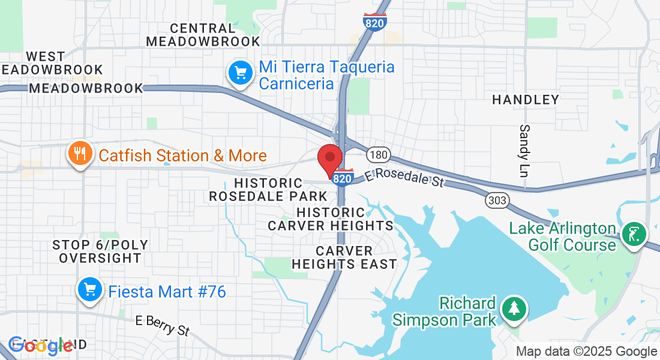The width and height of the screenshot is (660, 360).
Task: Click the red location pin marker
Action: pyautogui.click(x=329, y=159)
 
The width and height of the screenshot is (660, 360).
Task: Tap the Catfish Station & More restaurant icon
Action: pyautogui.click(x=79, y=154)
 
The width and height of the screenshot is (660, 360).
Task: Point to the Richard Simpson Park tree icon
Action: pyautogui.click(x=514, y=309)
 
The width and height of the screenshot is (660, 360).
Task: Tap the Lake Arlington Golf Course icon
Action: pyautogui.click(x=634, y=233)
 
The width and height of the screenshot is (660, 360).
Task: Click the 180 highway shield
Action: pyautogui.click(x=379, y=155)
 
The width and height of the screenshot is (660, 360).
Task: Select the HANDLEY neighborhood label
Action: pyautogui.click(x=526, y=100)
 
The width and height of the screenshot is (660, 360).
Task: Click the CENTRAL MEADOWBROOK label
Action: pyautogui.click(x=203, y=35)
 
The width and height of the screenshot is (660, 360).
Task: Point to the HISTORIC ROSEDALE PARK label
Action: pyautogui.click(x=268, y=189)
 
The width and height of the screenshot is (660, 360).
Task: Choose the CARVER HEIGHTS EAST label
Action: pyautogui.click(x=344, y=257)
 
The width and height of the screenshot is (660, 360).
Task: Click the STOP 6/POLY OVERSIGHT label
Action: pyautogui.click(x=100, y=251)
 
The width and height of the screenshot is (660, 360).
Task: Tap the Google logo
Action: pyautogui.click(x=41, y=345)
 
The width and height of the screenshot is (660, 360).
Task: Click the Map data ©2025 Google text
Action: pyautogui.click(x=587, y=352)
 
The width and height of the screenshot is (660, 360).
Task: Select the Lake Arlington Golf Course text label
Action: pyautogui.click(x=563, y=236)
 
